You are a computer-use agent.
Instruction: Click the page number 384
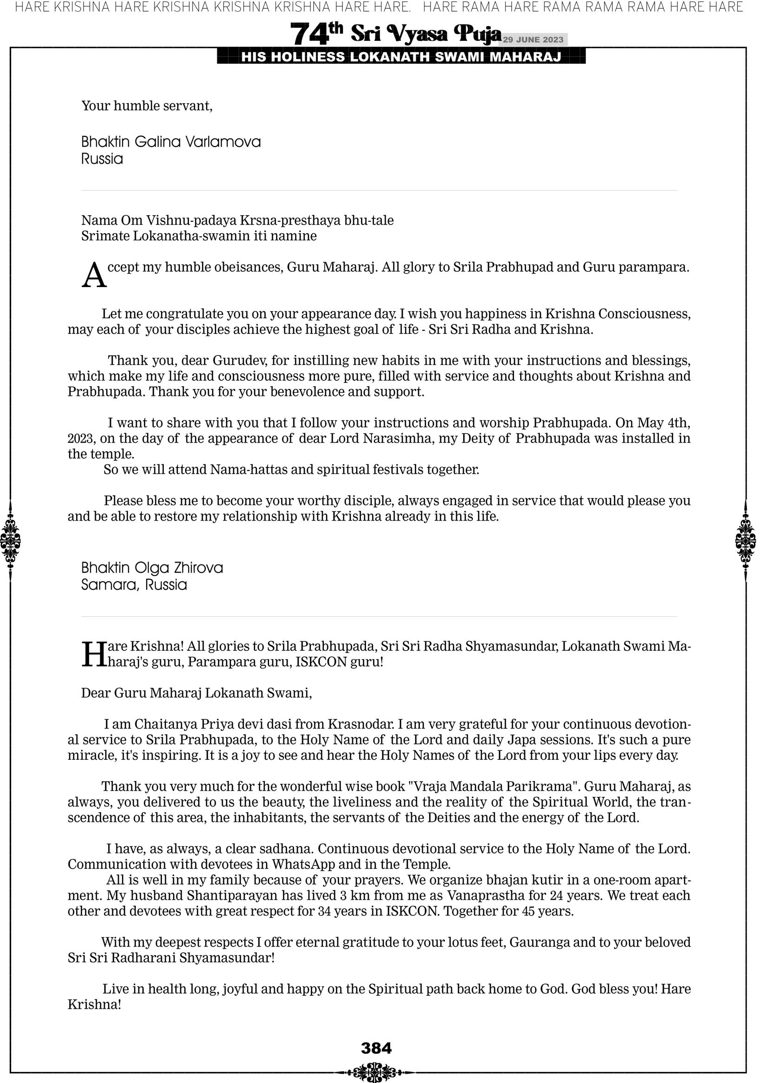376,1048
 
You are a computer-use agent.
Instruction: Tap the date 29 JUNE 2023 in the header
533,39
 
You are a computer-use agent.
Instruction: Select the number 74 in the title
309,34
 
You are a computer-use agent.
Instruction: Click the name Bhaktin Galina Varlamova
171,141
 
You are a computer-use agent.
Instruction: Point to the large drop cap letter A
94,276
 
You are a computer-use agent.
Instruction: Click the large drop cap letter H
94,654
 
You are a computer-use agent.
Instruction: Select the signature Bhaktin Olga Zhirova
152,567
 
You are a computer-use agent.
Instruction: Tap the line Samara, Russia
134,585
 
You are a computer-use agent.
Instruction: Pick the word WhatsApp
303,864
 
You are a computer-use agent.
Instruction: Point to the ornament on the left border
10,540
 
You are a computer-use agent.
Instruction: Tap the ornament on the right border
745,540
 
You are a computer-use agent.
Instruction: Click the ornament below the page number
376,1072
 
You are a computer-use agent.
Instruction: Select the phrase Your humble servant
147,106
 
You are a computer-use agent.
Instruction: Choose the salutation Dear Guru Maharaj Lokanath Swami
196,693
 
